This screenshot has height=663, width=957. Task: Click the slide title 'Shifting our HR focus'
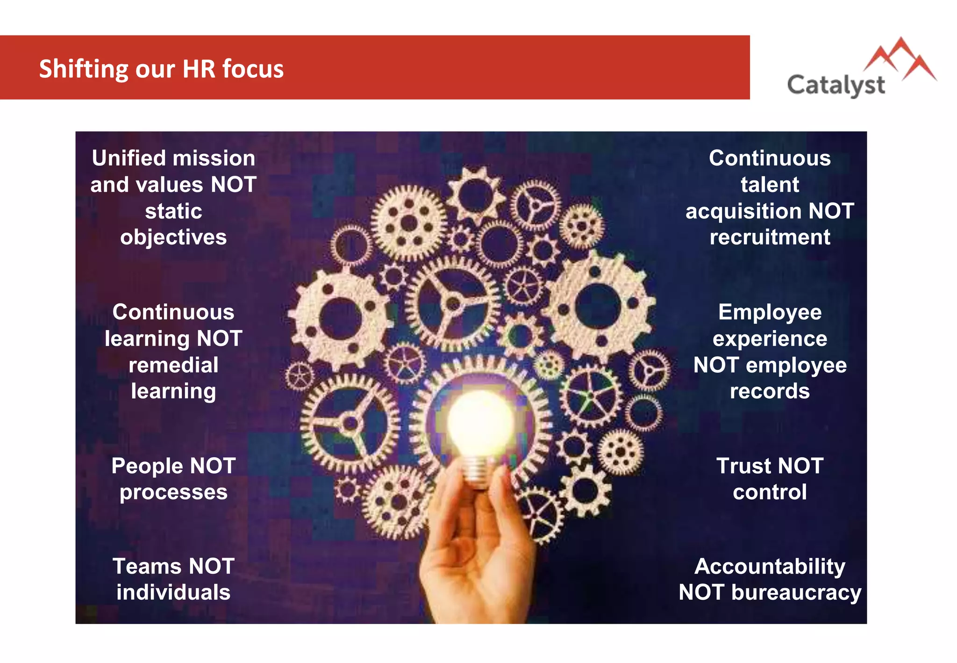point(161,69)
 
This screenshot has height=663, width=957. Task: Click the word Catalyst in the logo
point(836,86)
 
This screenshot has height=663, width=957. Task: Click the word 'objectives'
point(173,237)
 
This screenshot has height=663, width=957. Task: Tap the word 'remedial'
point(173,365)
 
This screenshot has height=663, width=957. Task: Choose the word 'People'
point(147,466)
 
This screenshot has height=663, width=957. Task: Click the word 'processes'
point(173,492)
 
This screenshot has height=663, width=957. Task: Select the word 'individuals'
point(173,592)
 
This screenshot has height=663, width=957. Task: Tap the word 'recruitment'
point(770,237)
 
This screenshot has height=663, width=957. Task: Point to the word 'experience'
point(770,339)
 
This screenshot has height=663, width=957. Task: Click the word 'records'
point(770,391)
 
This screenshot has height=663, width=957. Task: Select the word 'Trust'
point(743,466)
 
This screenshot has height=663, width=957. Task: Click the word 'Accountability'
point(770,566)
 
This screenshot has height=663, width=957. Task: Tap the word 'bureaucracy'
point(796,592)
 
